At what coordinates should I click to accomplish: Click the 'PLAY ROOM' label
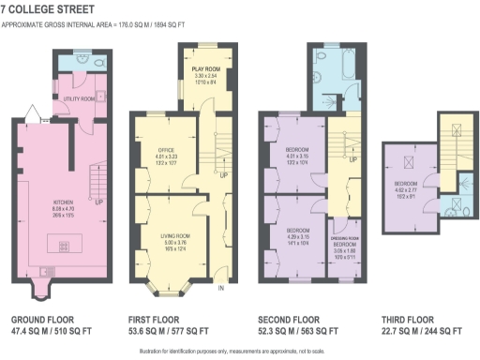pyautogui.click(x=205, y=69)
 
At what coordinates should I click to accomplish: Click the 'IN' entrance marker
pyautogui.click(x=222, y=289)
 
